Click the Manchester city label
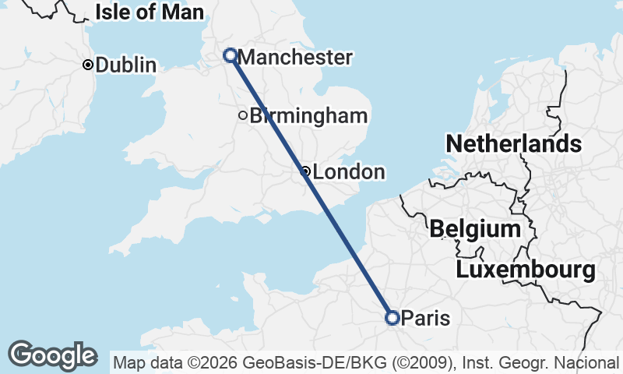pos(295,58)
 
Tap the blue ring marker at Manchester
pos(231,55)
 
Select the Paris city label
pos(425,318)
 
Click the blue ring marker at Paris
pos(392,317)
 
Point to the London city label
pos(349,172)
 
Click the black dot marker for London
pos(306,171)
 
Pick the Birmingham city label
pos(308,116)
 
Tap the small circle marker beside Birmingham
pos(243,116)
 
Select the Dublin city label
pos(125,65)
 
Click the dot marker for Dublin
pos(88,65)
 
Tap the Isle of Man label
pos(150,12)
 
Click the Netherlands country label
pos(513,144)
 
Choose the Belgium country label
pos(475,229)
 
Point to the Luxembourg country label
pos(526,270)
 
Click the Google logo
pos(52,355)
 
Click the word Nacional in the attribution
pos(590,363)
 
